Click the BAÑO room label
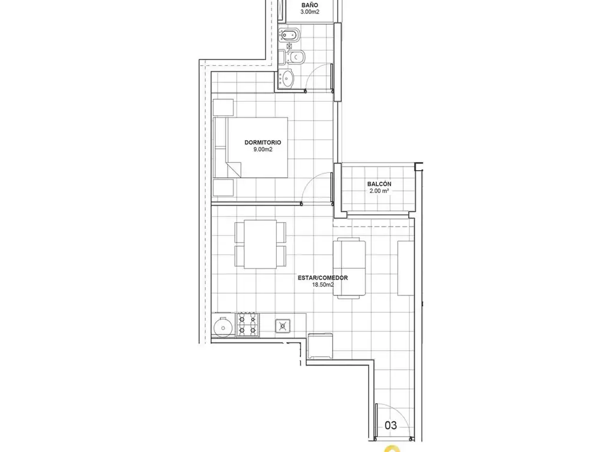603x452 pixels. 310,5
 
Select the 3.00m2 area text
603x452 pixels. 310,12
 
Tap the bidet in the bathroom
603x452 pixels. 287,35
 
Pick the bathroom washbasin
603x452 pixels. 287,78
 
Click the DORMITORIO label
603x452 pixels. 263,142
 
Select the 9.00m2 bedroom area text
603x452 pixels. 263,149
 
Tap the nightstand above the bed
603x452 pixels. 223,107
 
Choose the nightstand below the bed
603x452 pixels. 223,187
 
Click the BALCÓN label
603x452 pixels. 379,184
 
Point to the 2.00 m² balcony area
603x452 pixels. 379,191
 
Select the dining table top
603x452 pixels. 260,244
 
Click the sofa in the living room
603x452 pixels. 349,268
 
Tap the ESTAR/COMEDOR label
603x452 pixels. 323,278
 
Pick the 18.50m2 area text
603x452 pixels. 323,285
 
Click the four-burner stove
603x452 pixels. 247,325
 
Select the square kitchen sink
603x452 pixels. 283,326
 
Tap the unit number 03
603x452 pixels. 391,425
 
